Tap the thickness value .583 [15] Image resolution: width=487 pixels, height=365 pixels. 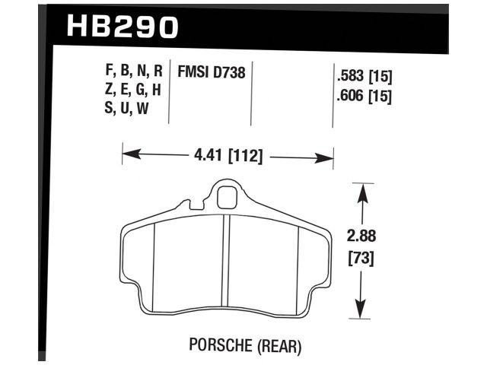point(363,77)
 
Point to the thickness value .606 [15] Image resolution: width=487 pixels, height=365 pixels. point(363,97)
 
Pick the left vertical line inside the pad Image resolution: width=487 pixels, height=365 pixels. point(154,262)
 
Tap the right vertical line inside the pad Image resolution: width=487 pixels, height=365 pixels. point(298,262)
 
